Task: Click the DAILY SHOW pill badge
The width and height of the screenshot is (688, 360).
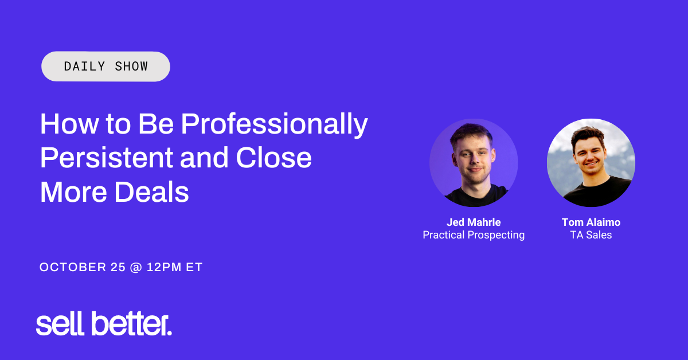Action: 105,66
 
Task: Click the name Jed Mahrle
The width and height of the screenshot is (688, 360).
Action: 474,222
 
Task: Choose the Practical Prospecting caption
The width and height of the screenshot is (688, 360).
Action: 474,235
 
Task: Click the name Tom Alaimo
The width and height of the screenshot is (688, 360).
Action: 591,222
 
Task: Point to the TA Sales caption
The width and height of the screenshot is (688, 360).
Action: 591,235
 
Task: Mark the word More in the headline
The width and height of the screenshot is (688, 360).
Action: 73,192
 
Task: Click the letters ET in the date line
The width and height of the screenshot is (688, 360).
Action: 194,267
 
